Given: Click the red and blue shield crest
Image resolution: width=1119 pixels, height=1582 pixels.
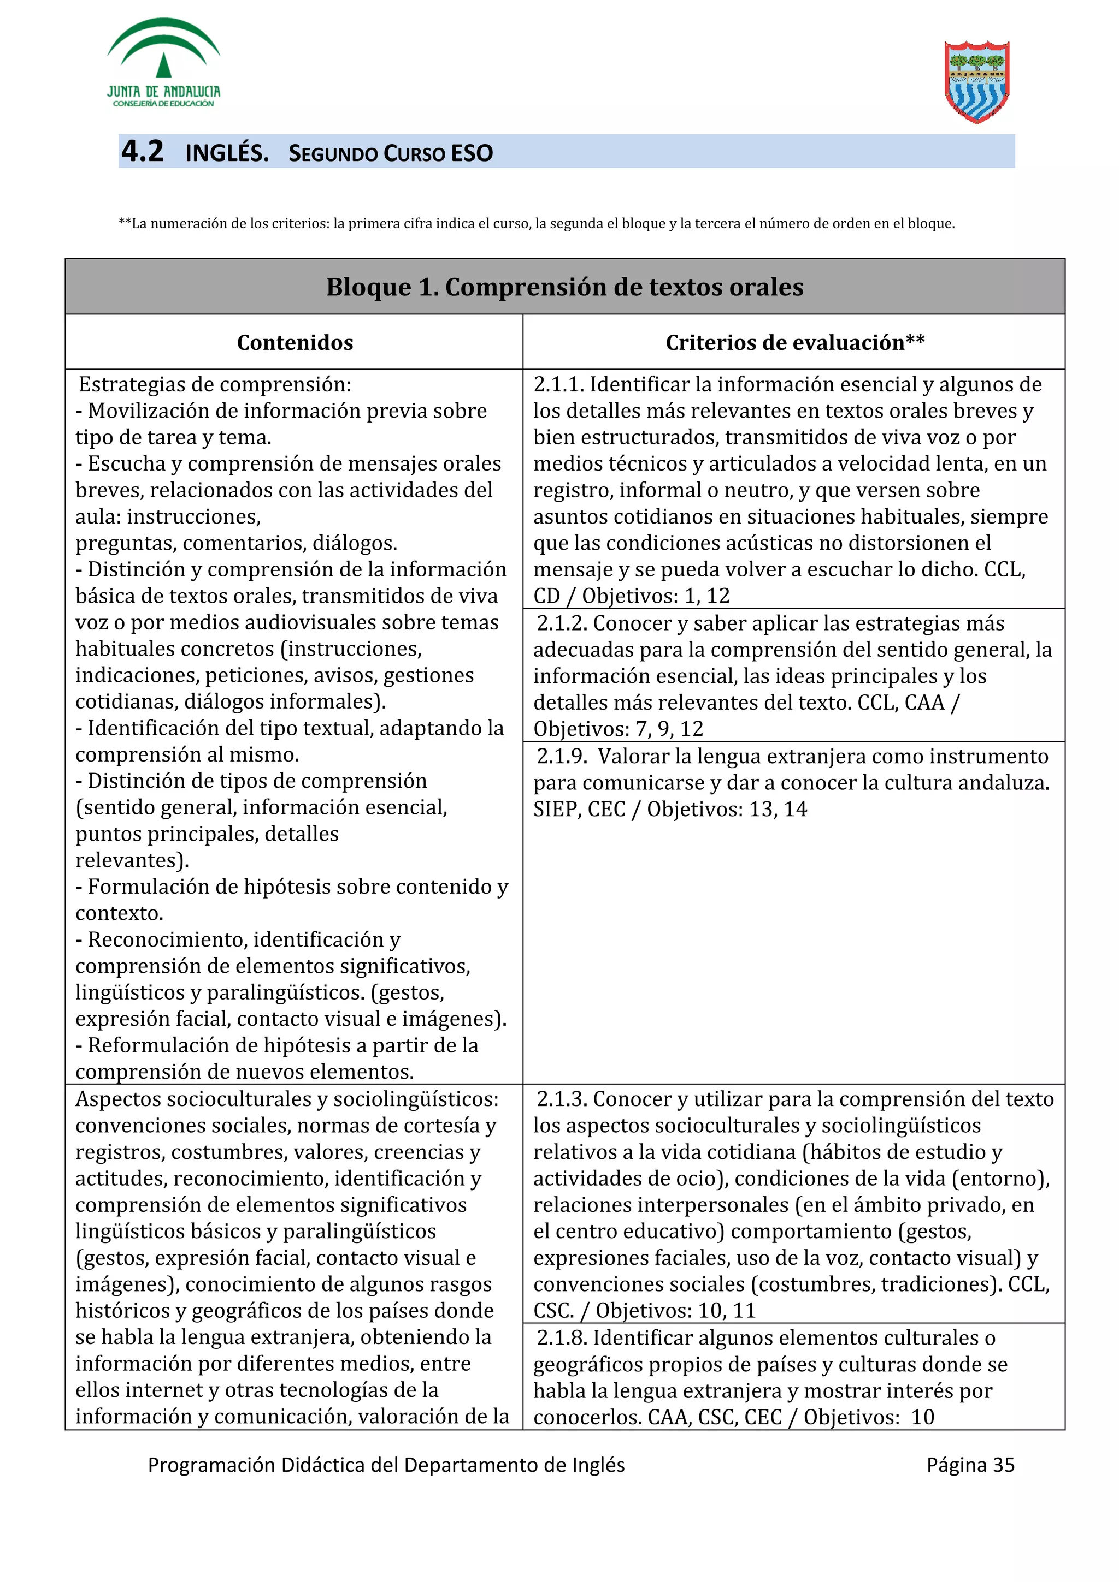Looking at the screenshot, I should tap(976, 82).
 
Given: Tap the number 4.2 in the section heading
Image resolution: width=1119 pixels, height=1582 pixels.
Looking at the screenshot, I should tap(143, 152).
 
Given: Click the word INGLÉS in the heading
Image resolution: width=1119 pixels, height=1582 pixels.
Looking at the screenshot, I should tap(227, 153).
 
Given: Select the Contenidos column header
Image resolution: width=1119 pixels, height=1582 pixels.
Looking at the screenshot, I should tap(295, 342).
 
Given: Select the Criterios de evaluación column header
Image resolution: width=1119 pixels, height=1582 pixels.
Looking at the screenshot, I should tap(794, 342).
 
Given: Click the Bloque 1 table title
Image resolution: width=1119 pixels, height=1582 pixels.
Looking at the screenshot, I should tap(564, 287).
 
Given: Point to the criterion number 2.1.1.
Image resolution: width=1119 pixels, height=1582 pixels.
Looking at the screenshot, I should tap(558, 384).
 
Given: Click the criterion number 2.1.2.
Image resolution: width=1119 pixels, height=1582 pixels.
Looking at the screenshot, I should tap(561, 623).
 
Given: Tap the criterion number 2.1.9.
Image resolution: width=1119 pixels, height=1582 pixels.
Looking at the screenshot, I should tap(561, 757).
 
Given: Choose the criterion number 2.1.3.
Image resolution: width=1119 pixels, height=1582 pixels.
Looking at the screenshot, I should tap(561, 1099).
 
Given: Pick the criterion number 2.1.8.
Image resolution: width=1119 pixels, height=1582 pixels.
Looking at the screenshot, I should tap(561, 1337).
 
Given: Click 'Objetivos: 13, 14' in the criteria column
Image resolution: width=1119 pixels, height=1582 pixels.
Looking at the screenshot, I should tap(726, 809).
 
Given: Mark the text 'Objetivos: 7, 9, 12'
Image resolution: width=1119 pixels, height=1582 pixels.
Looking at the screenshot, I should tap(618, 728).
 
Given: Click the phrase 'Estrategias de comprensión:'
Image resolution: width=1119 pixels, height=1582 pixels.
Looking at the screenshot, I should tap(214, 384).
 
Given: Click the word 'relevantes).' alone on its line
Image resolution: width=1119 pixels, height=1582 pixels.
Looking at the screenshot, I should tap(132, 860).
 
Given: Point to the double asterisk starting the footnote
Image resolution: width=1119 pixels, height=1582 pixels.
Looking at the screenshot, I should tap(124, 223).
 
